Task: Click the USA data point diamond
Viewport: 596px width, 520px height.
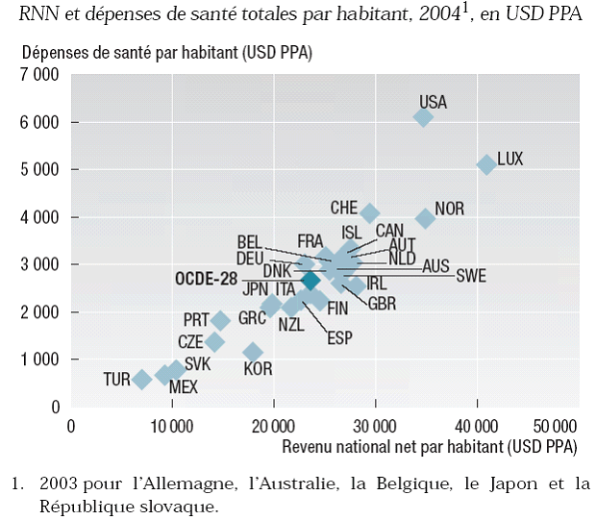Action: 423,117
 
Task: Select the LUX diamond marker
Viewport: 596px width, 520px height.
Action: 486,165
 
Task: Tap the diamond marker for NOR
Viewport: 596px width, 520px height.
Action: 425,218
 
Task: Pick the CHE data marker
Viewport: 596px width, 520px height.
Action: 369,213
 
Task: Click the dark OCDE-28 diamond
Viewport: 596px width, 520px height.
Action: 310,280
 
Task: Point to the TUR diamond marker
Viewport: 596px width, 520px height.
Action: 142,379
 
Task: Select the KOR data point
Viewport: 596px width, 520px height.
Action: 253,352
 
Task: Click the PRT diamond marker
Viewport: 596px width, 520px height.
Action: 220,320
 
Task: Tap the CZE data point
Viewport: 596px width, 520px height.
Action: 214,341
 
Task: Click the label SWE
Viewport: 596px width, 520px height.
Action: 470,277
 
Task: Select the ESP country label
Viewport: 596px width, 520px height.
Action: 339,337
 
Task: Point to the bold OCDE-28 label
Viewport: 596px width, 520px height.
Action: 206,278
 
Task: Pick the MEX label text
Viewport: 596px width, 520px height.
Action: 182,387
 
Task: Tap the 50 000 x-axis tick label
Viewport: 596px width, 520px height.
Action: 556,426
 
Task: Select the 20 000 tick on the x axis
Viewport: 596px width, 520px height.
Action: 274,426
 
